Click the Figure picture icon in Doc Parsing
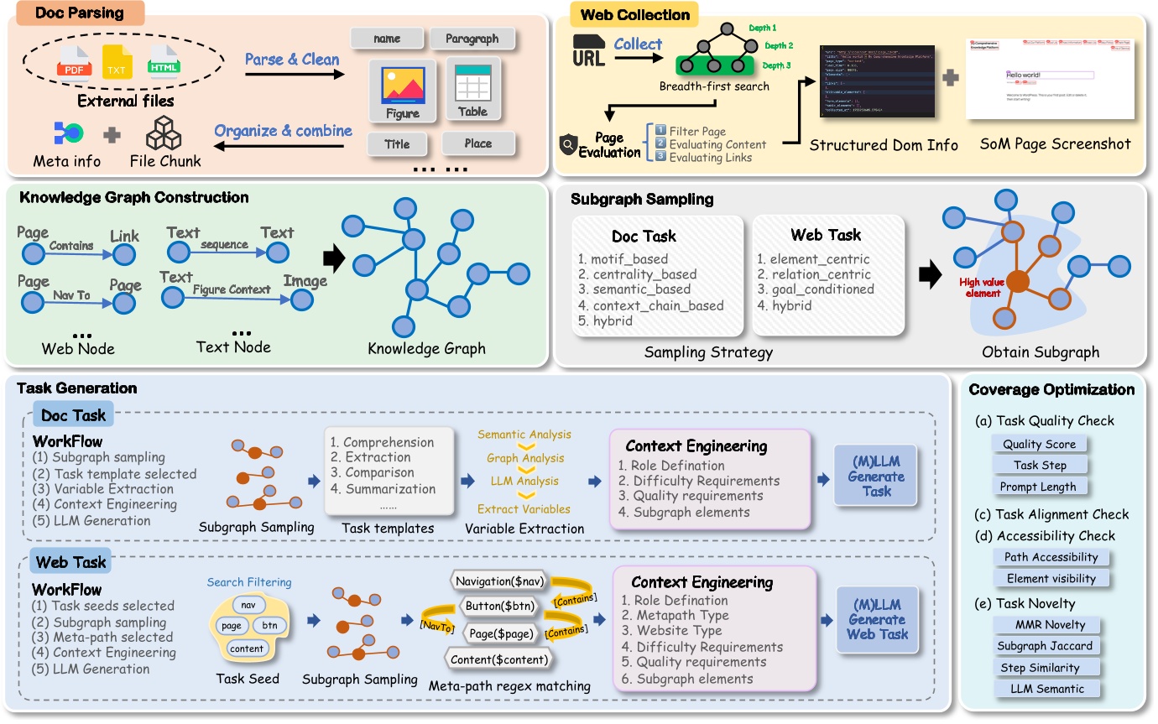[x=403, y=86]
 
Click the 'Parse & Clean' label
[x=292, y=60]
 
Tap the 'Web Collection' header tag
[x=635, y=14]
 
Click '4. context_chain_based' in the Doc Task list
[x=651, y=305]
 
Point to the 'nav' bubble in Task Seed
[x=248, y=604]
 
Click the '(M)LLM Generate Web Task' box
[x=877, y=619]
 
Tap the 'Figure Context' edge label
[x=232, y=289]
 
